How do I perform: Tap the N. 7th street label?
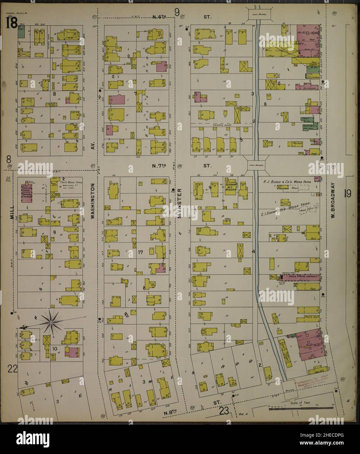pyautogui.click(x=160, y=166)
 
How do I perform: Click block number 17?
pyautogui.click(x=141, y=252)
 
